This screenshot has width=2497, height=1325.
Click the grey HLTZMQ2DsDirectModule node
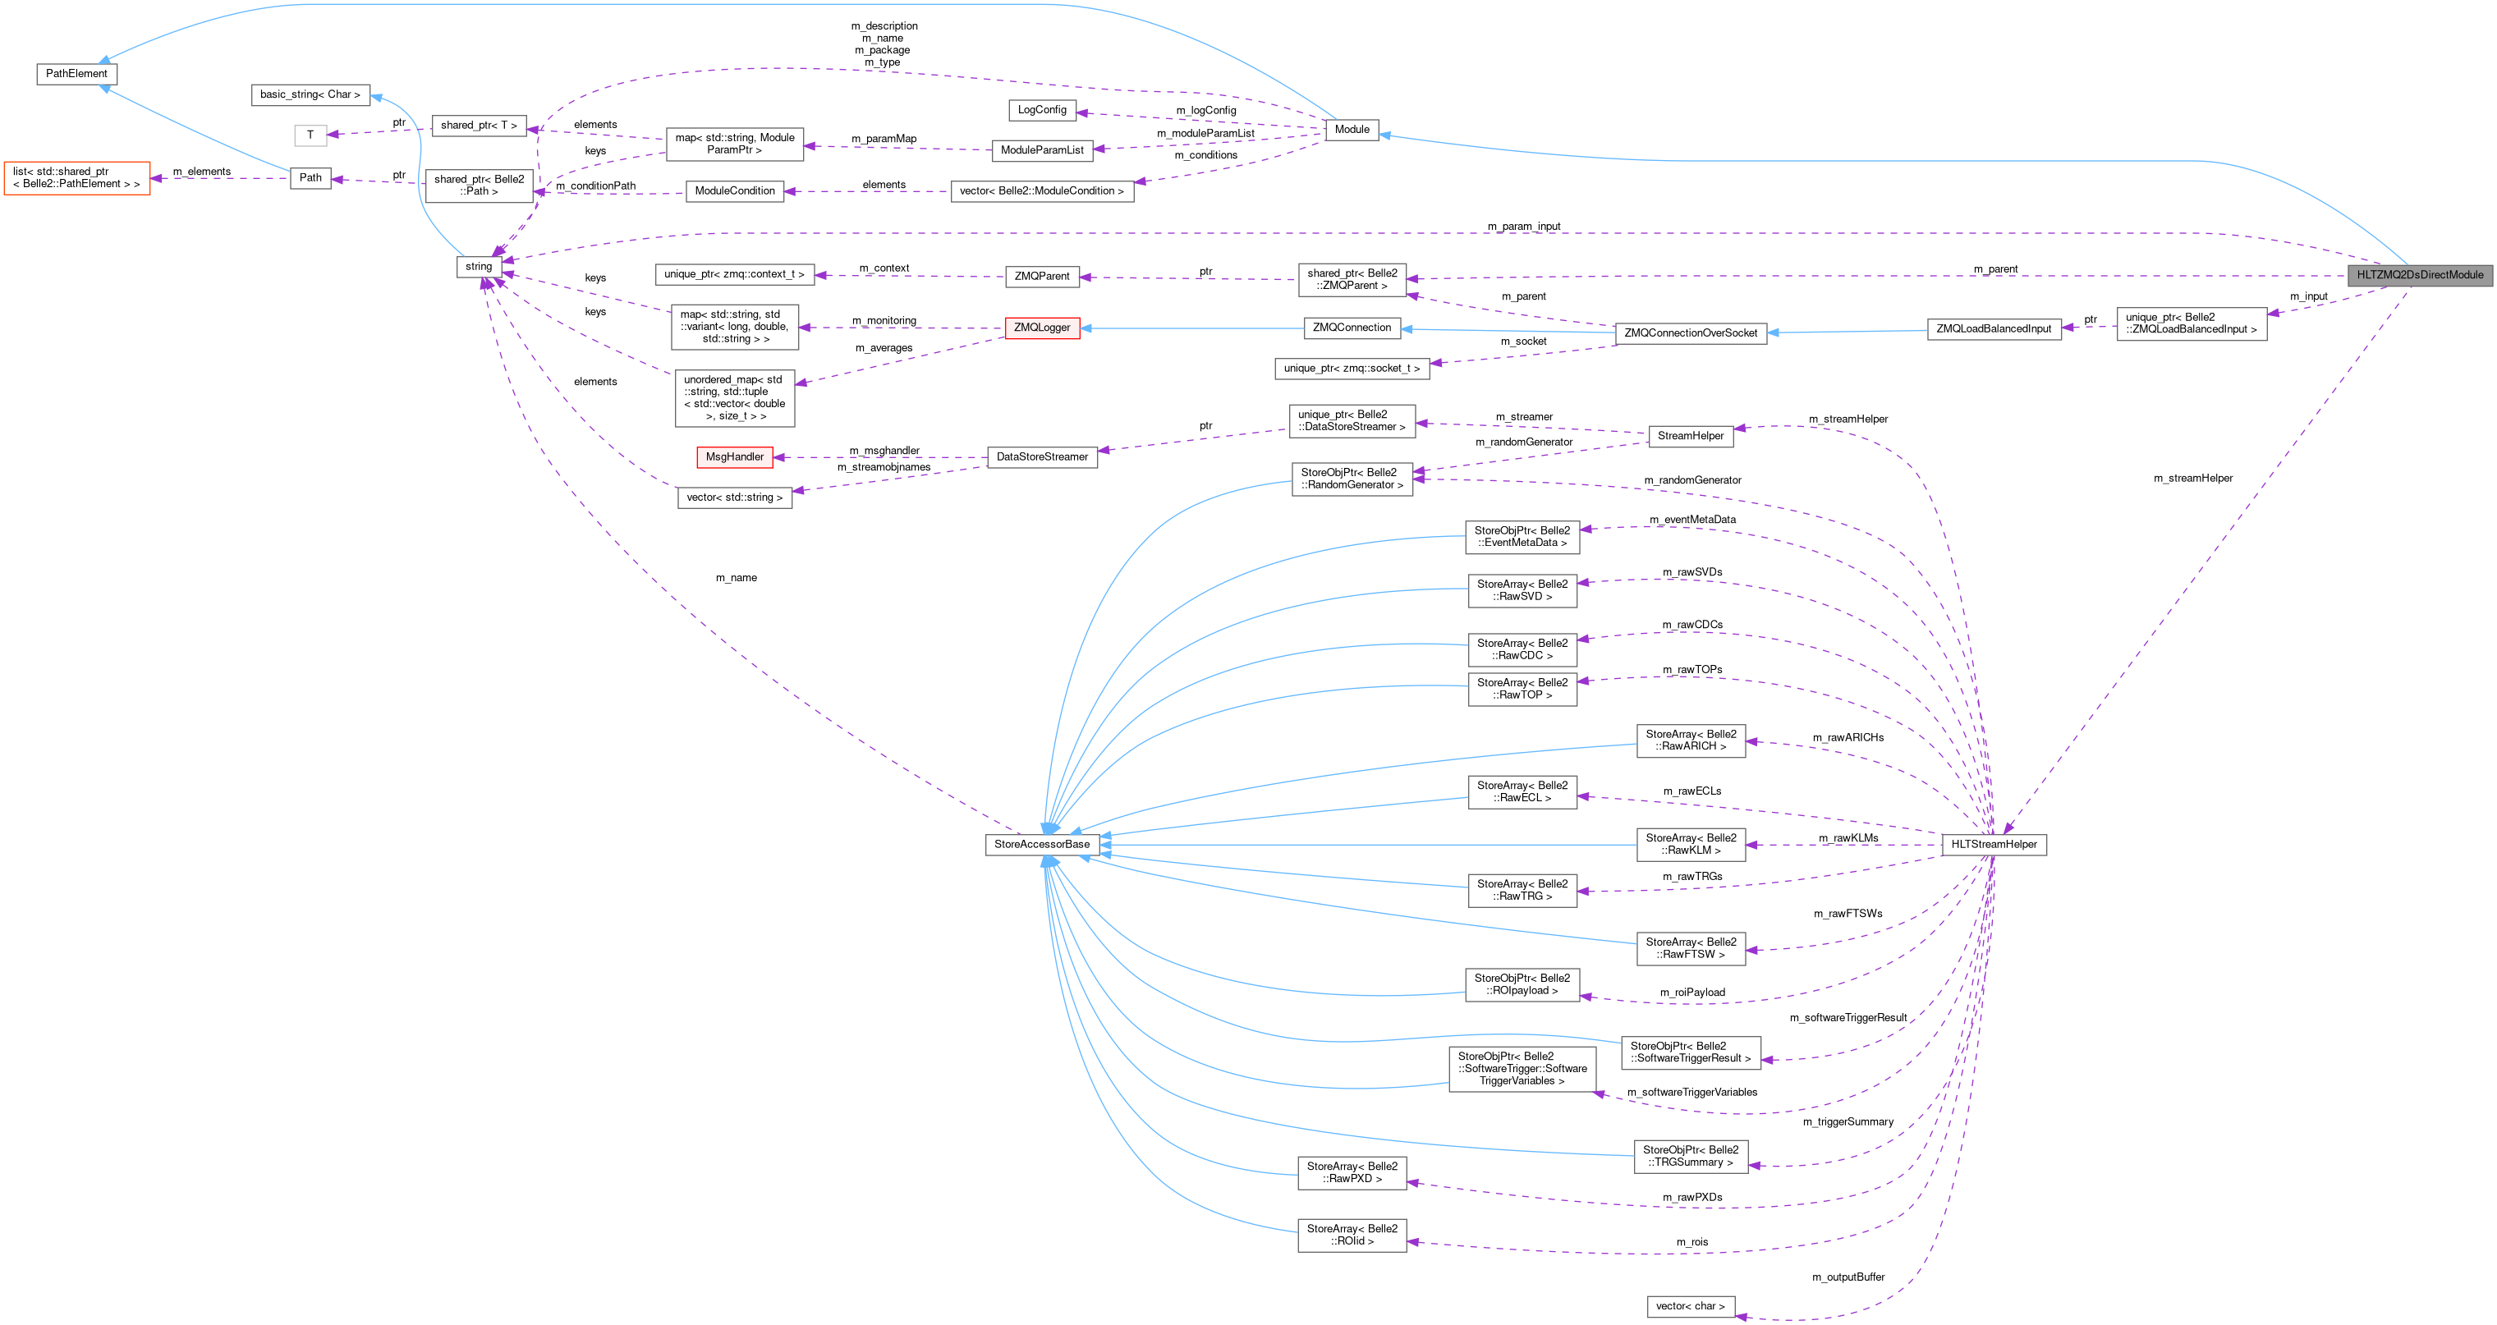(x=2420, y=274)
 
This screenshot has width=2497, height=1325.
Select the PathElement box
(x=76, y=74)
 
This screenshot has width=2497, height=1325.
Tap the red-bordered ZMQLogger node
(x=1042, y=328)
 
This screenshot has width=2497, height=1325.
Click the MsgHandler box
(x=734, y=456)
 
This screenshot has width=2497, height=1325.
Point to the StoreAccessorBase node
(x=1042, y=844)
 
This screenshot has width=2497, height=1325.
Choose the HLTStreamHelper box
(x=1994, y=844)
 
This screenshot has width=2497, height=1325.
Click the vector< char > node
(x=1690, y=1307)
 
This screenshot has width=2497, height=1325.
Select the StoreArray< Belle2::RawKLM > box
(x=1691, y=844)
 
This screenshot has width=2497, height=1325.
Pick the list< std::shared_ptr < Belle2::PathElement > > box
(x=76, y=177)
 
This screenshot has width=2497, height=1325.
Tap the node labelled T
(x=310, y=135)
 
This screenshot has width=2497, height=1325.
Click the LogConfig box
(x=1042, y=109)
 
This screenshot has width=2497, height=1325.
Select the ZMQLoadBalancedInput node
(x=1993, y=328)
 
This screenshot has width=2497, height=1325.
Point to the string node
(x=479, y=267)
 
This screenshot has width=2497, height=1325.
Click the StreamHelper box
(x=1691, y=436)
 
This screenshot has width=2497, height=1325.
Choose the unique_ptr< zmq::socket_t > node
(x=1352, y=369)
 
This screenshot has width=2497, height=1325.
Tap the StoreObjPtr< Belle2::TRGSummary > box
(x=1691, y=1157)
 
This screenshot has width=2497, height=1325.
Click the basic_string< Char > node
(x=310, y=95)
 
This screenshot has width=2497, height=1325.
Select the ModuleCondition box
(x=735, y=191)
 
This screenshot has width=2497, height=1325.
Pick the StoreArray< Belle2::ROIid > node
(x=1352, y=1235)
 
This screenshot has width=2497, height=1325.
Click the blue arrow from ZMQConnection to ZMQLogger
(x=1192, y=328)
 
